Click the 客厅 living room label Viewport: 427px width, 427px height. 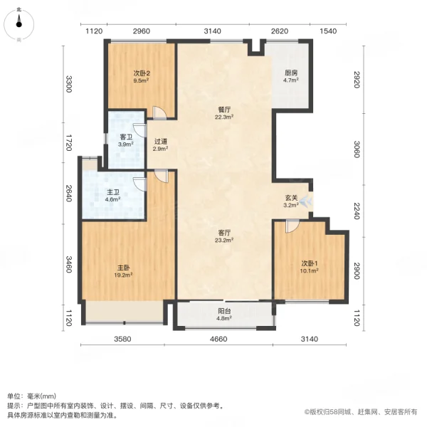pos(226,236)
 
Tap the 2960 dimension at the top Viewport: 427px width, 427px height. pos(142,31)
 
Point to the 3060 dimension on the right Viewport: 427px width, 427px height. pos(357,151)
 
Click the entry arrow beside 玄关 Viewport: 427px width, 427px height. pos(305,201)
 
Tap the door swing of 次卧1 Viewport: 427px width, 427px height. pos(290,226)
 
